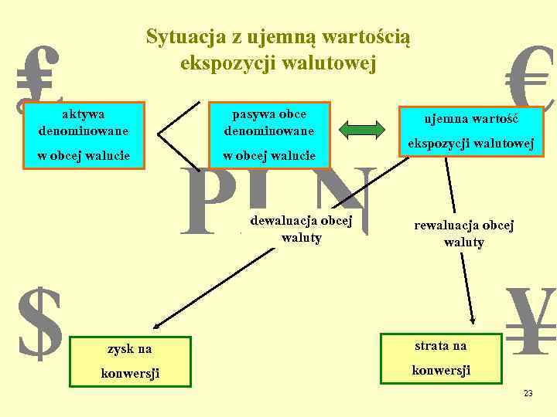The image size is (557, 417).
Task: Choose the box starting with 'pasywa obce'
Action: tap(269, 135)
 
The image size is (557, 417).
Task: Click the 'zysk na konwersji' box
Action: tap(129, 361)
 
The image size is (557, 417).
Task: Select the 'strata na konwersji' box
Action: tap(439, 357)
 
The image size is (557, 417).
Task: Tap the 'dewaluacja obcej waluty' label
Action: tap(301, 229)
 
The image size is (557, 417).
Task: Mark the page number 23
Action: tap(528, 394)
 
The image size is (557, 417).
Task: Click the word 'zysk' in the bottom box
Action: tap(111, 349)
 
